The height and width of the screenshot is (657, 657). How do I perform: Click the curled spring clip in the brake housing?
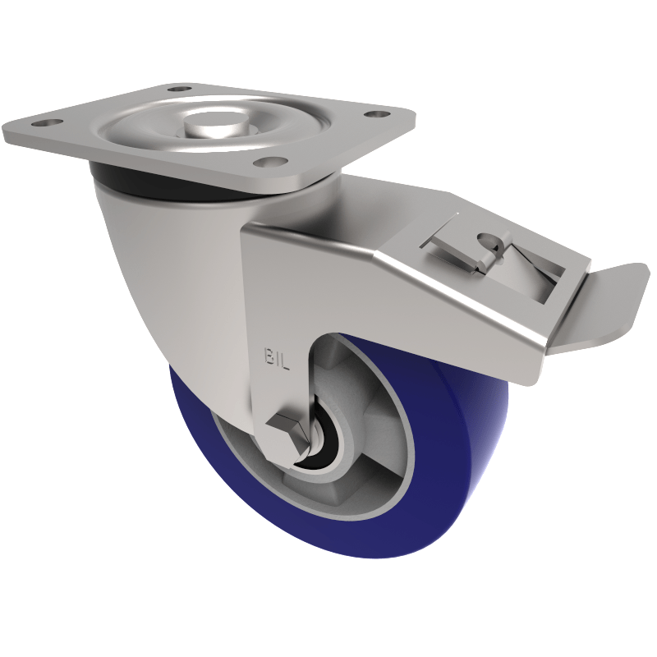click(x=488, y=246)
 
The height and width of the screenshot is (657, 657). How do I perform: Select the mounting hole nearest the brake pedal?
click(x=375, y=116)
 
